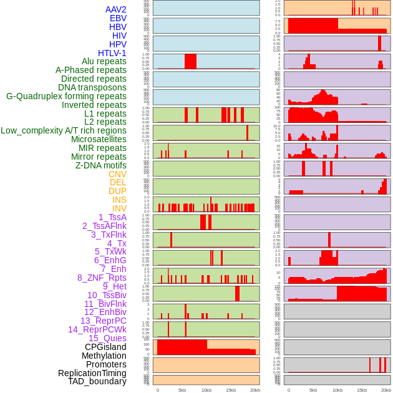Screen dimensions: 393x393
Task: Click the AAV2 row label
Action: (116, 9)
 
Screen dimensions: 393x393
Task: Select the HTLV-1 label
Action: (112, 53)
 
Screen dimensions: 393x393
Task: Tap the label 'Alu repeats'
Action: (104, 62)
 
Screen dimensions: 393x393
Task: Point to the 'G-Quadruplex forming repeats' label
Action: (66, 96)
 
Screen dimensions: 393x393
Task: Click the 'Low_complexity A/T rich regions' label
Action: (64, 130)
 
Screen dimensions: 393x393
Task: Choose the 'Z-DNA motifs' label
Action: (101, 165)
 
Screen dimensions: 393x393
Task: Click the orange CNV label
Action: (117, 174)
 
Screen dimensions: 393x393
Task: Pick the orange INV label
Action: (119, 208)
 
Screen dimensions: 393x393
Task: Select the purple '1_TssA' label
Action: (112, 217)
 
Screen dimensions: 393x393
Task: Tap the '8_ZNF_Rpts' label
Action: (102, 278)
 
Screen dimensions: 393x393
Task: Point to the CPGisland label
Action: (105, 347)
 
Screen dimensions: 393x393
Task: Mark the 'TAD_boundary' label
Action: (97, 381)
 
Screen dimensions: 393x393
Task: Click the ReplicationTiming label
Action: (92, 373)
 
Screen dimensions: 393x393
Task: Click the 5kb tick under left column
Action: (182, 390)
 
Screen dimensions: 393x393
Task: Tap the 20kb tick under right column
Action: (386, 390)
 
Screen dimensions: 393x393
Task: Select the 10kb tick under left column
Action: (206, 390)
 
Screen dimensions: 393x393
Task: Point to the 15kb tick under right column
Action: (362, 390)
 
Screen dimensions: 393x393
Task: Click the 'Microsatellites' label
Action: (99, 139)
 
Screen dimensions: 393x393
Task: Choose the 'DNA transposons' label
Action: (92, 87)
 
